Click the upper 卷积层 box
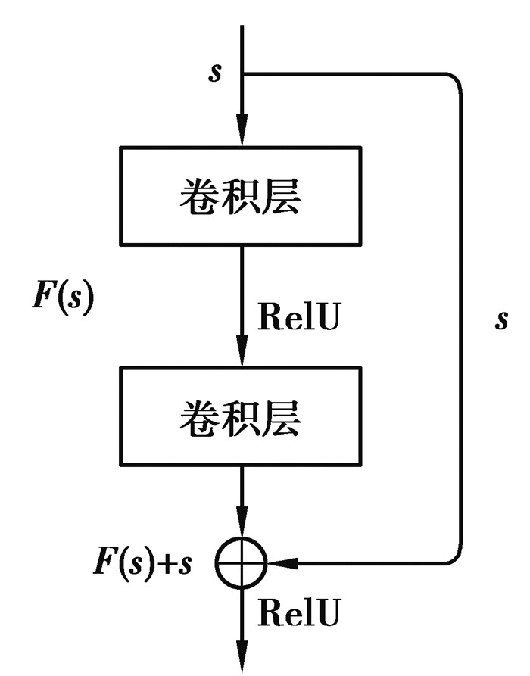[241, 196]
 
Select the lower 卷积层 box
[241, 416]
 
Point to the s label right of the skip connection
[501, 319]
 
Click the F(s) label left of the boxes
[63, 298]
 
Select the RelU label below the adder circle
[298, 610]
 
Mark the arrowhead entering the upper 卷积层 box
[241, 136]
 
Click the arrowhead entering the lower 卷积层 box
[241, 356]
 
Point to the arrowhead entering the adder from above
[241, 527]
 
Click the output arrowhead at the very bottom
[241, 660]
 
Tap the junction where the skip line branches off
[242, 74]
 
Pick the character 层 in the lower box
[282, 417]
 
